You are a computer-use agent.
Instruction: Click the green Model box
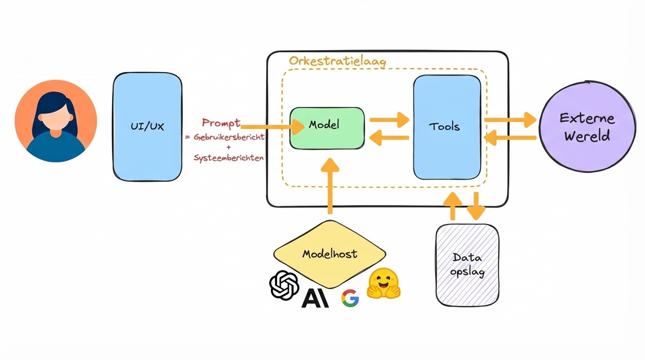[x=327, y=128]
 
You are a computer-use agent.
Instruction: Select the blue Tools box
[x=447, y=127]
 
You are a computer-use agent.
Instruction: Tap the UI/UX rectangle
[x=147, y=127]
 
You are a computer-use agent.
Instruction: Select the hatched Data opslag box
[x=467, y=265]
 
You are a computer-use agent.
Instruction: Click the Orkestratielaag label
[x=337, y=61]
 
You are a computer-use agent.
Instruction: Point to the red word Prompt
[x=221, y=123]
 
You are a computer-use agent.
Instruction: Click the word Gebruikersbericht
[x=229, y=137]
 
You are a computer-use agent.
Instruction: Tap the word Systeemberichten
[x=229, y=158]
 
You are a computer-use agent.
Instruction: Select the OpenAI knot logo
[x=284, y=285]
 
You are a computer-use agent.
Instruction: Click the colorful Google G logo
[x=350, y=298]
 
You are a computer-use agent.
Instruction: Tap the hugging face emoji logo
[x=383, y=284]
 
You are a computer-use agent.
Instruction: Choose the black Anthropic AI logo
[x=315, y=298]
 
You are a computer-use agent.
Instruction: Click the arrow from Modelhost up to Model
[x=330, y=186]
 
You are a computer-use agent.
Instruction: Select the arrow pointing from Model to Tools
[x=389, y=120]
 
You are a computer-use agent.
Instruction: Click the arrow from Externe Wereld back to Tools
[x=510, y=138]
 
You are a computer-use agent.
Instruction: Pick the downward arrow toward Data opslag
[x=476, y=206]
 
